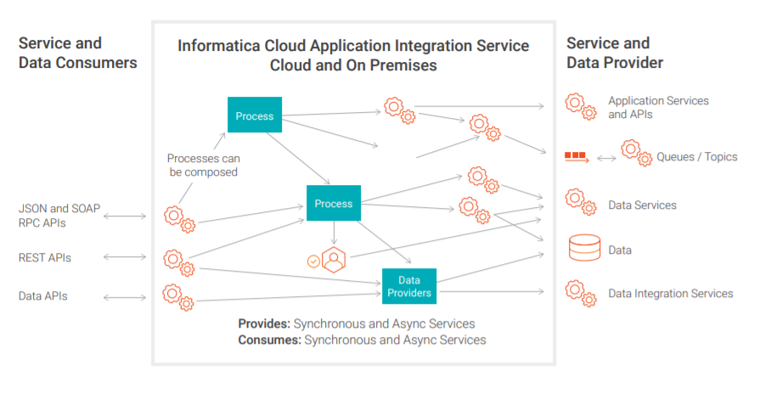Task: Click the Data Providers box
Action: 409,286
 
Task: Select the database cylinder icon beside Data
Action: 584,248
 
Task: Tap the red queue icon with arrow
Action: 577,156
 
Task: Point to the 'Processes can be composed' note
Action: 203,166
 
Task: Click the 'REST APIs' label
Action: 45,258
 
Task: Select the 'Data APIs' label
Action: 42,296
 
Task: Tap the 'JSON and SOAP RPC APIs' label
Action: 59,216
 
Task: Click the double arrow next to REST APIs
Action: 125,257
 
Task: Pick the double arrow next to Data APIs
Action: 125,298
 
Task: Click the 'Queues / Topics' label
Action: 696,157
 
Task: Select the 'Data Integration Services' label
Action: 670,294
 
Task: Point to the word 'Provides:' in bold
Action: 264,323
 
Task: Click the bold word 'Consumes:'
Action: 269,340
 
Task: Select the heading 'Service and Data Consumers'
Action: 77,53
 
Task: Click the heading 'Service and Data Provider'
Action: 615,53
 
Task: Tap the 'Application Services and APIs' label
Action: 658,108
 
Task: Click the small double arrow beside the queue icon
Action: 606,158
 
